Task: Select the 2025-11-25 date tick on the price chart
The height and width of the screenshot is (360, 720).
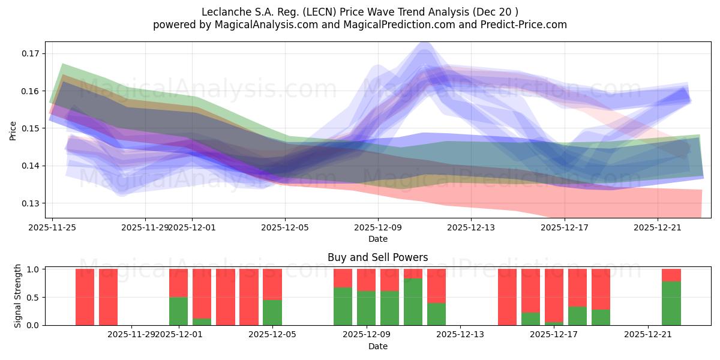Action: (x=52, y=227)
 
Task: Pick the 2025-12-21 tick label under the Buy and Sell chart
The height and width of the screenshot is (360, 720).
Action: (x=648, y=335)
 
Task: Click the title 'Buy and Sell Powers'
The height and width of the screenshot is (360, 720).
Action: (x=377, y=257)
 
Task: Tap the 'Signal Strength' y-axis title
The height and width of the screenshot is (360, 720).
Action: (x=18, y=296)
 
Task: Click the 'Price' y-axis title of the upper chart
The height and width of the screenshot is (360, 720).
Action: (x=13, y=130)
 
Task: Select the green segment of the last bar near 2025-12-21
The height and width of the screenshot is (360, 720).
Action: (x=671, y=304)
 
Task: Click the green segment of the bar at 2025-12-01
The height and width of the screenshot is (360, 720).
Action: (x=178, y=311)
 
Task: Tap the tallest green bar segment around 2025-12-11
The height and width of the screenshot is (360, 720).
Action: (x=413, y=302)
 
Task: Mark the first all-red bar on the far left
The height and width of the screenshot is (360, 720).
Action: (x=85, y=297)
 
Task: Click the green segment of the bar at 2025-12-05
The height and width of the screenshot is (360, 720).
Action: (x=272, y=313)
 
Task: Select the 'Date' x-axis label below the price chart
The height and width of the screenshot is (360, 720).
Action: (x=377, y=239)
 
